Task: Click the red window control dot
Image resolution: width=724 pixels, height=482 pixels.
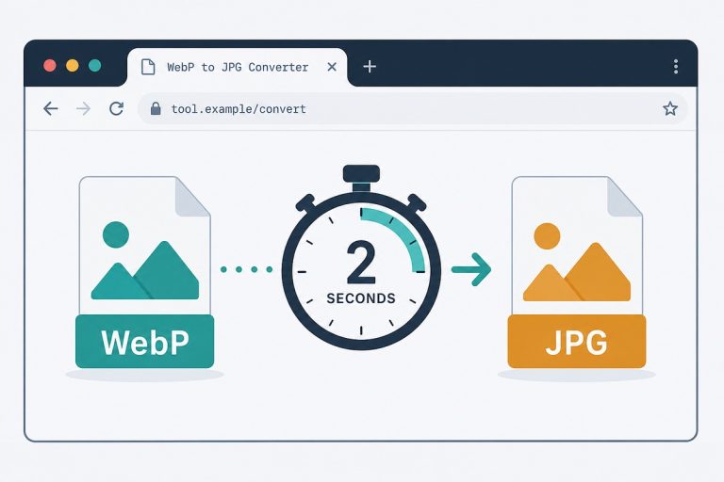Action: click(50, 66)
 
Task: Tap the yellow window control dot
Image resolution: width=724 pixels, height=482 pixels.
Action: click(73, 66)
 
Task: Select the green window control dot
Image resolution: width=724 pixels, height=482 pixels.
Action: click(94, 66)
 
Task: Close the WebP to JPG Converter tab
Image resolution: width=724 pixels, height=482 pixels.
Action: click(332, 67)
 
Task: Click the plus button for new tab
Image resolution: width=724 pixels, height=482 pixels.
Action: click(370, 67)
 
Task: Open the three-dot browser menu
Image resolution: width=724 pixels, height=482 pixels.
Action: click(676, 67)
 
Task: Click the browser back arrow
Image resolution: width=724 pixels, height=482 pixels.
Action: click(51, 108)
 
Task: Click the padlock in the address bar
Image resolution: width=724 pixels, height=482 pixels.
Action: click(156, 108)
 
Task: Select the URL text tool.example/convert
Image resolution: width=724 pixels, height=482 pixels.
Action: click(239, 109)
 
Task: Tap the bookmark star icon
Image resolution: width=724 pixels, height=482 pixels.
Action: click(670, 108)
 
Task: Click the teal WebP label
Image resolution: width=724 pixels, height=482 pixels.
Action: click(144, 342)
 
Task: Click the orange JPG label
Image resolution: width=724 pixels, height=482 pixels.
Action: click(577, 342)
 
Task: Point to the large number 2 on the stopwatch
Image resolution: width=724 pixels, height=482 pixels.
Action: click(361, 262)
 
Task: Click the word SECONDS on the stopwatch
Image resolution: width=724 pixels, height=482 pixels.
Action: click(361, 298)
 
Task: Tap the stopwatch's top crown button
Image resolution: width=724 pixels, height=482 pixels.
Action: click(362, 174)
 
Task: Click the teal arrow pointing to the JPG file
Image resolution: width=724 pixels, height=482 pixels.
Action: click(471, 269)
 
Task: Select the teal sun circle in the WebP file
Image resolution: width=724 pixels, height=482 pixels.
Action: click(116, 234)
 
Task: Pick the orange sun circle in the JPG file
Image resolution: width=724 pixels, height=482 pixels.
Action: click(547, 235)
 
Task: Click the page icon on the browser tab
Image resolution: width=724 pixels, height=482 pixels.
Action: click(148, 67)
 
